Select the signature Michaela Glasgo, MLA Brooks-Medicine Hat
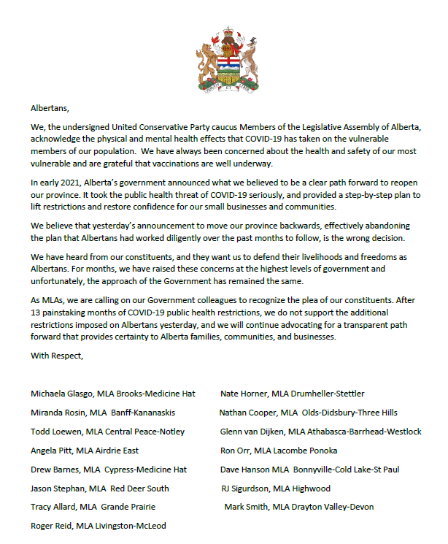[x=113, y=394]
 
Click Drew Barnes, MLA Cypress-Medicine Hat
[x=109, y=470]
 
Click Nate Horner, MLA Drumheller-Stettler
[x=293, y=394]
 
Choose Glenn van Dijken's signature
[x=320, y=432]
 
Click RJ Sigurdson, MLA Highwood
[x=276, y=488]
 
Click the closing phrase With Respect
[x=58, y=356]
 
